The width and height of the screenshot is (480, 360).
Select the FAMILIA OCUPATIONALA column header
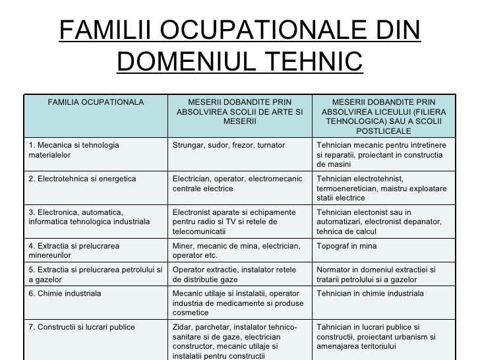96,102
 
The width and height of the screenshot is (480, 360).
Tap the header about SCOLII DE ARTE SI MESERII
239,112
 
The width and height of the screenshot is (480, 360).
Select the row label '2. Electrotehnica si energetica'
82,178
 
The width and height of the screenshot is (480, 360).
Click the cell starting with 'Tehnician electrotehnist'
381,188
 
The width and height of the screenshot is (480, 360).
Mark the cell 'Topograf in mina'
347,247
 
